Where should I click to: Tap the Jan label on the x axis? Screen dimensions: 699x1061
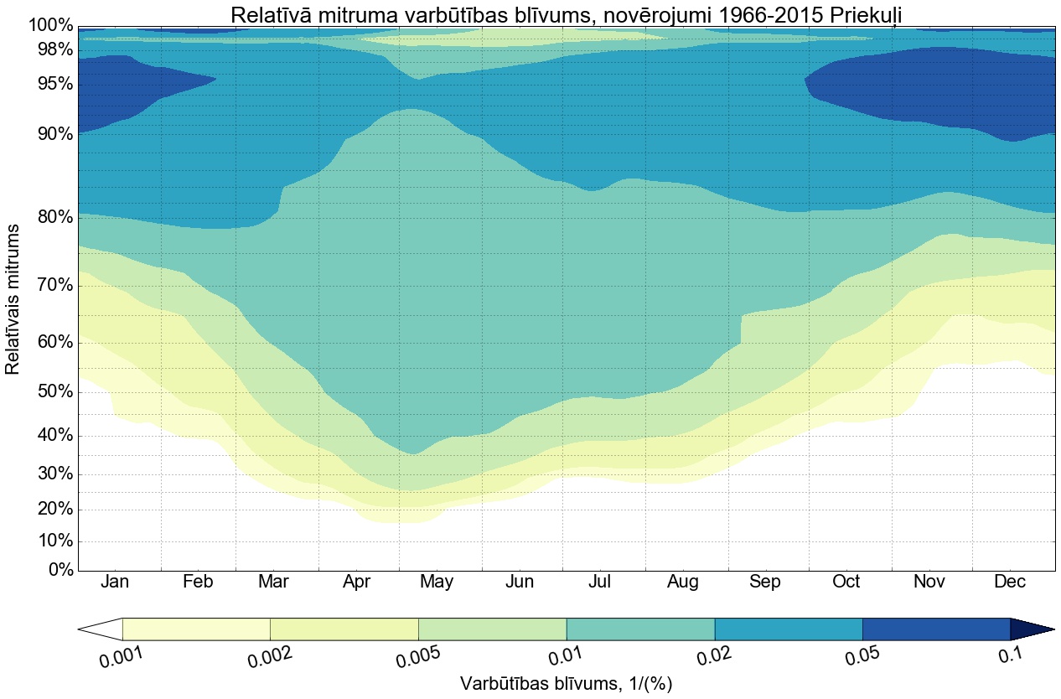[x=116, y=582]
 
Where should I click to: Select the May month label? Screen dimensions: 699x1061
[x=437, y=582]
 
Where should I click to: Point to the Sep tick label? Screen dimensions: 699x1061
[x=764, y=582]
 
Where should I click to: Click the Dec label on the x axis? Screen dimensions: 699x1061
[x=1010, y=582]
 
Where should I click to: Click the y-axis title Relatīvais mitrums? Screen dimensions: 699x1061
[x=13, y=298]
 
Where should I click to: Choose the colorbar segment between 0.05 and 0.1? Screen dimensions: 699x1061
[x=935, y=629]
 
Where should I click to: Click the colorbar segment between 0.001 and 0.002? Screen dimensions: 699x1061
[x=196, y=629]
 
